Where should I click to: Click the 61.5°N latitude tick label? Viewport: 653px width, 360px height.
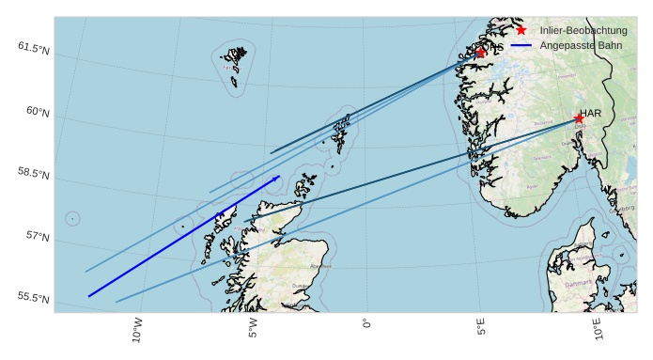click(33, 46)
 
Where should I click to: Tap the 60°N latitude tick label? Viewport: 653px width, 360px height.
click(37, 111)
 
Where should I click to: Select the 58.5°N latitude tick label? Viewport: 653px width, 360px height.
click(33, 174)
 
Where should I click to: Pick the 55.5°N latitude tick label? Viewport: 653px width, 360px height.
click(33, 297)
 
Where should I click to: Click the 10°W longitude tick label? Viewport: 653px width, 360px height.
click(137, 331)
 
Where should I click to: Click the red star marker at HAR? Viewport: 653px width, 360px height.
click(579, 118)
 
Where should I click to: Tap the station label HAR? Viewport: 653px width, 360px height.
click(590, 113)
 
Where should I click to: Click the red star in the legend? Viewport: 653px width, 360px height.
click(521, 30)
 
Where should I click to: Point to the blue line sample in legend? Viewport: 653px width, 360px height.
click(521, 45)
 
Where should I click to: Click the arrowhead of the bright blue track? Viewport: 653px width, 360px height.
click(278, 176)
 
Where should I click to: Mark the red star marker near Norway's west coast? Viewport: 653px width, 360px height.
click(481, 53)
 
